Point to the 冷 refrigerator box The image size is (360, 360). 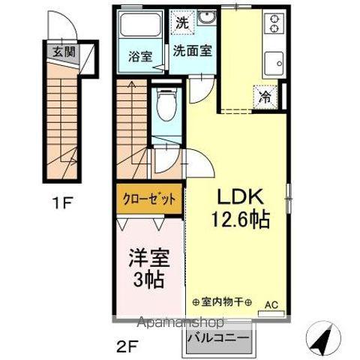coord(265,96)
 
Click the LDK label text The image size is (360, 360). coord(239,196)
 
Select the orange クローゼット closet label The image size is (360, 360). coord(150,200)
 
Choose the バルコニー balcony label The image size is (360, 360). coord(217,337)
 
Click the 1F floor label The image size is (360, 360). coord(63,202)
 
